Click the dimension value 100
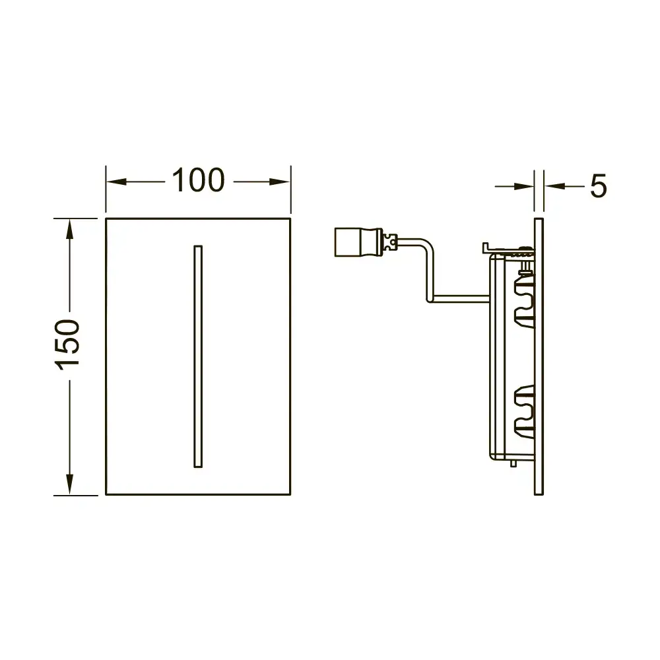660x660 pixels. pos(198,180)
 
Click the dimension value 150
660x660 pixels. pos(67,345)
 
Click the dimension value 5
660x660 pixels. pos(598,186)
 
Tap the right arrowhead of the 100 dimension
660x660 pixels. pos(280,182)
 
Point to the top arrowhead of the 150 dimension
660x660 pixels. pos(70,230)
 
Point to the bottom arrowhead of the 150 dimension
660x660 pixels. pos(70,484)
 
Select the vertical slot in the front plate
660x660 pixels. pos(198,356)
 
